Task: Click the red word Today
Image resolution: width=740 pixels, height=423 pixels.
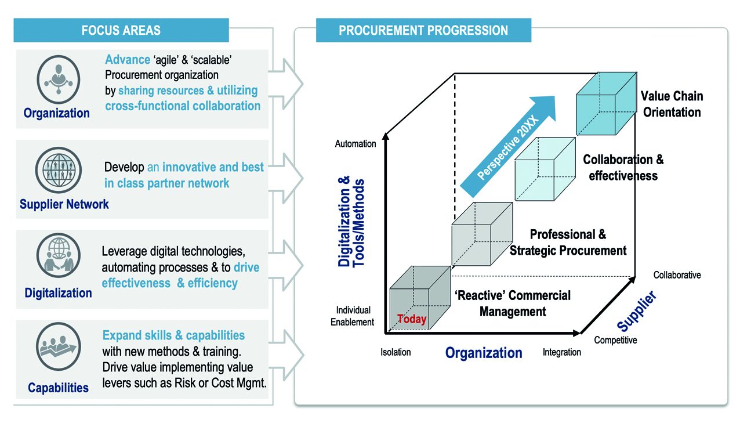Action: coord(412,319)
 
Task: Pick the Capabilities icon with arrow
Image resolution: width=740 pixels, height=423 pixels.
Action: coord(57,350)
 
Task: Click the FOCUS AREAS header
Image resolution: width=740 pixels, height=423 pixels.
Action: coord(121,30)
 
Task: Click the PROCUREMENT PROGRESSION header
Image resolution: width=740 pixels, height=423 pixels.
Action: coord(423,30)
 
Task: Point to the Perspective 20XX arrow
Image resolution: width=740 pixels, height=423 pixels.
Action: coord(508,149)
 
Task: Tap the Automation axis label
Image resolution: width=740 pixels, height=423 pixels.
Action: coord(356,143)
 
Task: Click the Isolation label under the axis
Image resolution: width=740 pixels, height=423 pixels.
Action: coord(396,352)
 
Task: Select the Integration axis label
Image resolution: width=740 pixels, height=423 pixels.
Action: coord(561,352)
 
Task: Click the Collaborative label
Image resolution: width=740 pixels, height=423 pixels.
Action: coord(677,275)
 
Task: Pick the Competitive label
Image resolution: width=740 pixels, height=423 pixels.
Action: coord(615,340)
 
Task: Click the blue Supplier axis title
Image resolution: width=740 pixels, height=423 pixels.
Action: coord(637,311)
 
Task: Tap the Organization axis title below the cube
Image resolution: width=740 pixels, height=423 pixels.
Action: coord(484,353)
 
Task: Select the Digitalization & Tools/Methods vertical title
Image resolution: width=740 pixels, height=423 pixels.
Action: coord(351,223)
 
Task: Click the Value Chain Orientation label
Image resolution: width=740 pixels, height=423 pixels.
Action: coord(672,104)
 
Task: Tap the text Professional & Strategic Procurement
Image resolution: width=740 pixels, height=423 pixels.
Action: coord(568,243)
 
